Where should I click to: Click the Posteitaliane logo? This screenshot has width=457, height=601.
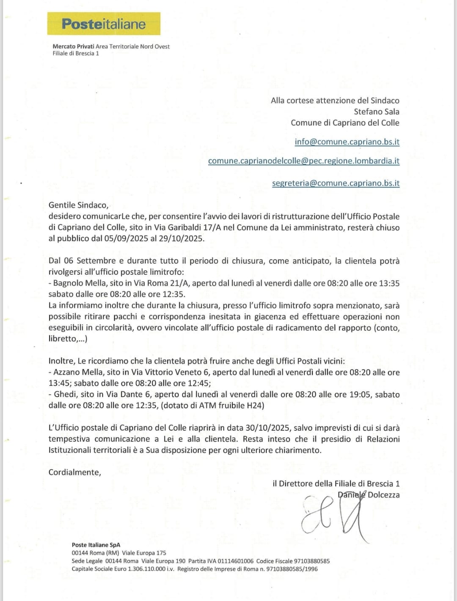(x=104, y=24)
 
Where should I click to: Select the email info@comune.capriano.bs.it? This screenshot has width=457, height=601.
(x=347, y=142)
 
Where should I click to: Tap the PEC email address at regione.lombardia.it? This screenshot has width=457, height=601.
(x=304, y=161)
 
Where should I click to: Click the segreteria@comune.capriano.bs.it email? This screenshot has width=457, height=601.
(x=336, y=183)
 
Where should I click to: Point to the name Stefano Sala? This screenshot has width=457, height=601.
(x=377, y=112)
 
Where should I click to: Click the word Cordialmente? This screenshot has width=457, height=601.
(x=74, y=472)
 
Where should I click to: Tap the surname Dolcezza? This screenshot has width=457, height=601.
(x=383, y=494)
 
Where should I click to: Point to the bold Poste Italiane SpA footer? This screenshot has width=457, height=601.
(x=96, y=545)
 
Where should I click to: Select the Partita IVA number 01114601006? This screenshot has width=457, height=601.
(x=236, y=561)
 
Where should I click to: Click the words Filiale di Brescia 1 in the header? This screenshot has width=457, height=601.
(x=76, y=53)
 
